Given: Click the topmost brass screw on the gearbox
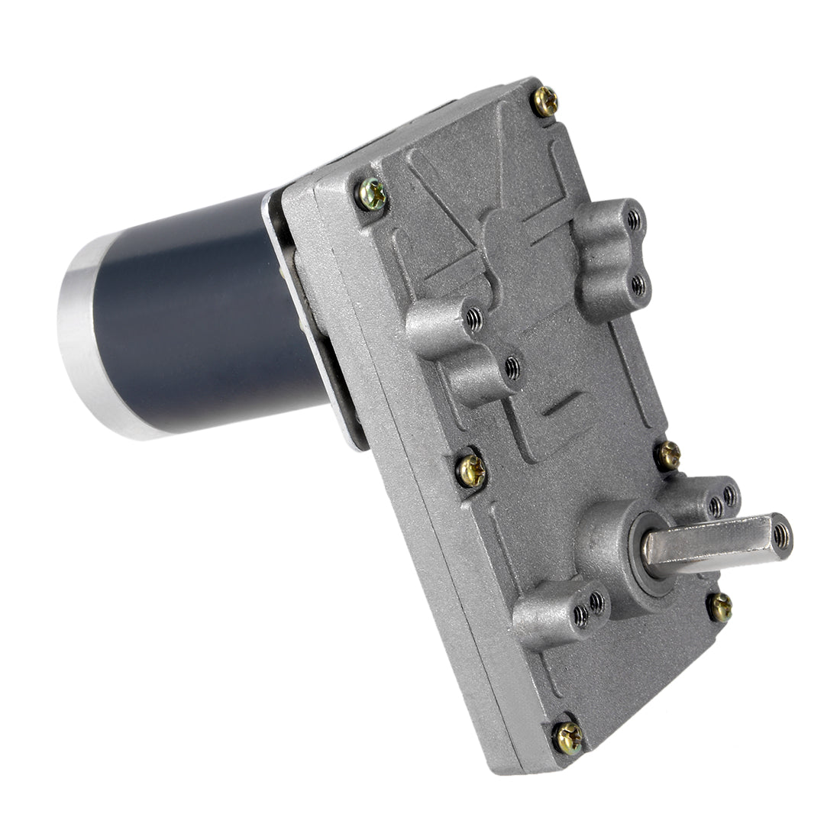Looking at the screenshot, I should [545, 100].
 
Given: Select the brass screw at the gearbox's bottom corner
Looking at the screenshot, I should [568, 737].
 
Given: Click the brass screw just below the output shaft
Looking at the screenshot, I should [719, 607].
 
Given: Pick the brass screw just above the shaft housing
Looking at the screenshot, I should [669, 455].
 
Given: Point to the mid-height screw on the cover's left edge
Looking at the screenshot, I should [471, 470].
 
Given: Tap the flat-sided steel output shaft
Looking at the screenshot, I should [710, 545].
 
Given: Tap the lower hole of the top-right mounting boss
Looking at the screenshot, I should [638, 285].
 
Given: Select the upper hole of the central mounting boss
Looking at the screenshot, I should [473, 315].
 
